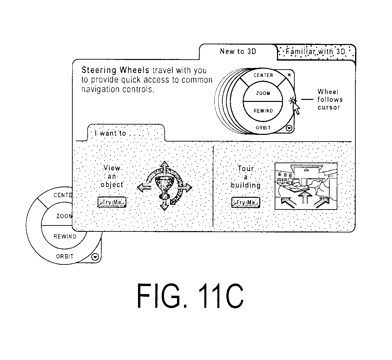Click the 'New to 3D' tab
[x=238, y=52]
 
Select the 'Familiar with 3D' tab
[x=316, y=52]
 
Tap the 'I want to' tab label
[x=110, y=134]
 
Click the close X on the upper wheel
[x=289, y=75]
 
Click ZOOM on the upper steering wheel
[x=263, y=93]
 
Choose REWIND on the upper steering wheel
[x=263, y=111]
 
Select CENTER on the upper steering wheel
[x=263, y=75]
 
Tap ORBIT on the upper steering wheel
[x=263, y=128]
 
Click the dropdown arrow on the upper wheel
[x=289, y=128]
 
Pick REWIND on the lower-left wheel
[x=65, y=236]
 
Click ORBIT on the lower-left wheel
[x=65, y=256]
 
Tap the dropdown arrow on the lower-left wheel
[x=95, y=257]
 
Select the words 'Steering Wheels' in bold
[x=115, y=70]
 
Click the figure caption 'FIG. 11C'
[x=190, y=296]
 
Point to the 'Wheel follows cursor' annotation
[x=330, y=100]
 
